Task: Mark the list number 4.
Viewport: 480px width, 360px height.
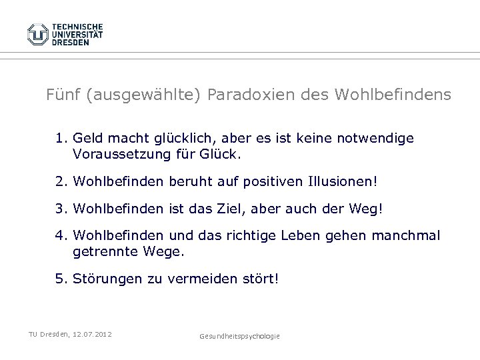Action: [61, 236]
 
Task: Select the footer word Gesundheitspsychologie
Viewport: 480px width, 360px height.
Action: [239, 337]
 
